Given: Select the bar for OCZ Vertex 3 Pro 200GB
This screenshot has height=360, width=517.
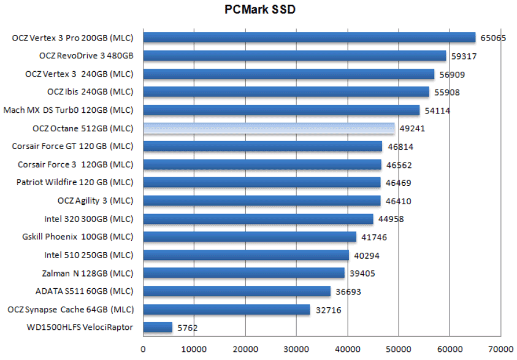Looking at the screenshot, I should (x=309, y=38).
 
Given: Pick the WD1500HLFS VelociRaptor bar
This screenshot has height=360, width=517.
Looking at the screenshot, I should (x=158, y=327).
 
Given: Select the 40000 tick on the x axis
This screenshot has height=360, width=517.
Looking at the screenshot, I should (x=347, y=349).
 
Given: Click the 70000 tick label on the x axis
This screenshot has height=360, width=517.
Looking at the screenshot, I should (x=500, y=349).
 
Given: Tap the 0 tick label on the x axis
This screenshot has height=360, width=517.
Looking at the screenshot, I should (x=144, y=349).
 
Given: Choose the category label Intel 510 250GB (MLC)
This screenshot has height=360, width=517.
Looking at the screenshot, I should (x=88, y=255).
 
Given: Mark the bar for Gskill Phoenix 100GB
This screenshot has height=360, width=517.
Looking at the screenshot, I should (x=250, y=237).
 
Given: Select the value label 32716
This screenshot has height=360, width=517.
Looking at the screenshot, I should (x=328, y=310).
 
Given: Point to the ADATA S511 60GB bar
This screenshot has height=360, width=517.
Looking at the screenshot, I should (x=237, y=291).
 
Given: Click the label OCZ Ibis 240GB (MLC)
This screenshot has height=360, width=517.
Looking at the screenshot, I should (x=90, y=92).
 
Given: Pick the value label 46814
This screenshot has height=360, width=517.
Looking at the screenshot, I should (x=400, y=147).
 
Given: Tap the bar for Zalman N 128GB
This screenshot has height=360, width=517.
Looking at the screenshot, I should (x=243, y=273).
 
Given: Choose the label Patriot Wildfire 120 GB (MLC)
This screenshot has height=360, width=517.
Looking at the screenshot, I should (x=75, y=183).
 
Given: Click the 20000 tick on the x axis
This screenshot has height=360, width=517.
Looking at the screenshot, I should (x=245, y=349).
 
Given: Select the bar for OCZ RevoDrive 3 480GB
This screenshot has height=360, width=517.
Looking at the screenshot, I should (x=294, y=56).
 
